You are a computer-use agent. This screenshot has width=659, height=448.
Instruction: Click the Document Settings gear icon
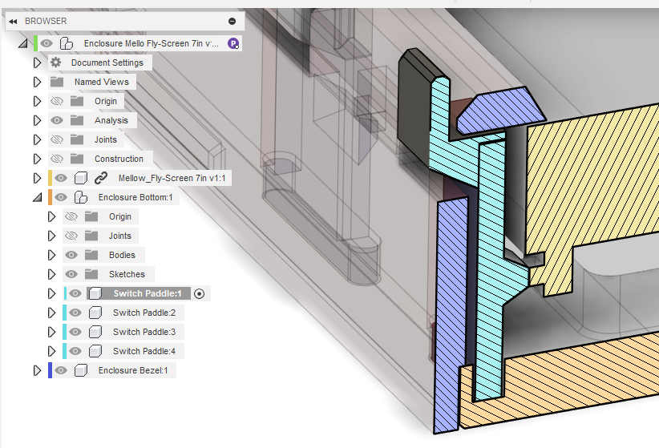point(55,63)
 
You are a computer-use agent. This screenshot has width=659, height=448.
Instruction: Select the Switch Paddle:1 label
point(147,293)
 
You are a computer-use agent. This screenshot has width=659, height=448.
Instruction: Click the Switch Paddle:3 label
point(144,332)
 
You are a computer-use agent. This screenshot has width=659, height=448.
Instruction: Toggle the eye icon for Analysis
point(57,120)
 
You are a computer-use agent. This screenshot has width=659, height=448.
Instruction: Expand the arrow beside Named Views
point(38,82)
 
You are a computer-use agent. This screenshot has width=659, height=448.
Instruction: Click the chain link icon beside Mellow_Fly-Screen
point(101,178)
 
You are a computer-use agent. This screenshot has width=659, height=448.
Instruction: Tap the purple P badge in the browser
point(233,43)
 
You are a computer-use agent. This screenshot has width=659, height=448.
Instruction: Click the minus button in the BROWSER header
point(232,21)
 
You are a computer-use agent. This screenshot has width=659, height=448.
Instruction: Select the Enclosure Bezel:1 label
point(133,370)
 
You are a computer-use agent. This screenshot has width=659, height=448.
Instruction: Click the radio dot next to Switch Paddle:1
point(200,294)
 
